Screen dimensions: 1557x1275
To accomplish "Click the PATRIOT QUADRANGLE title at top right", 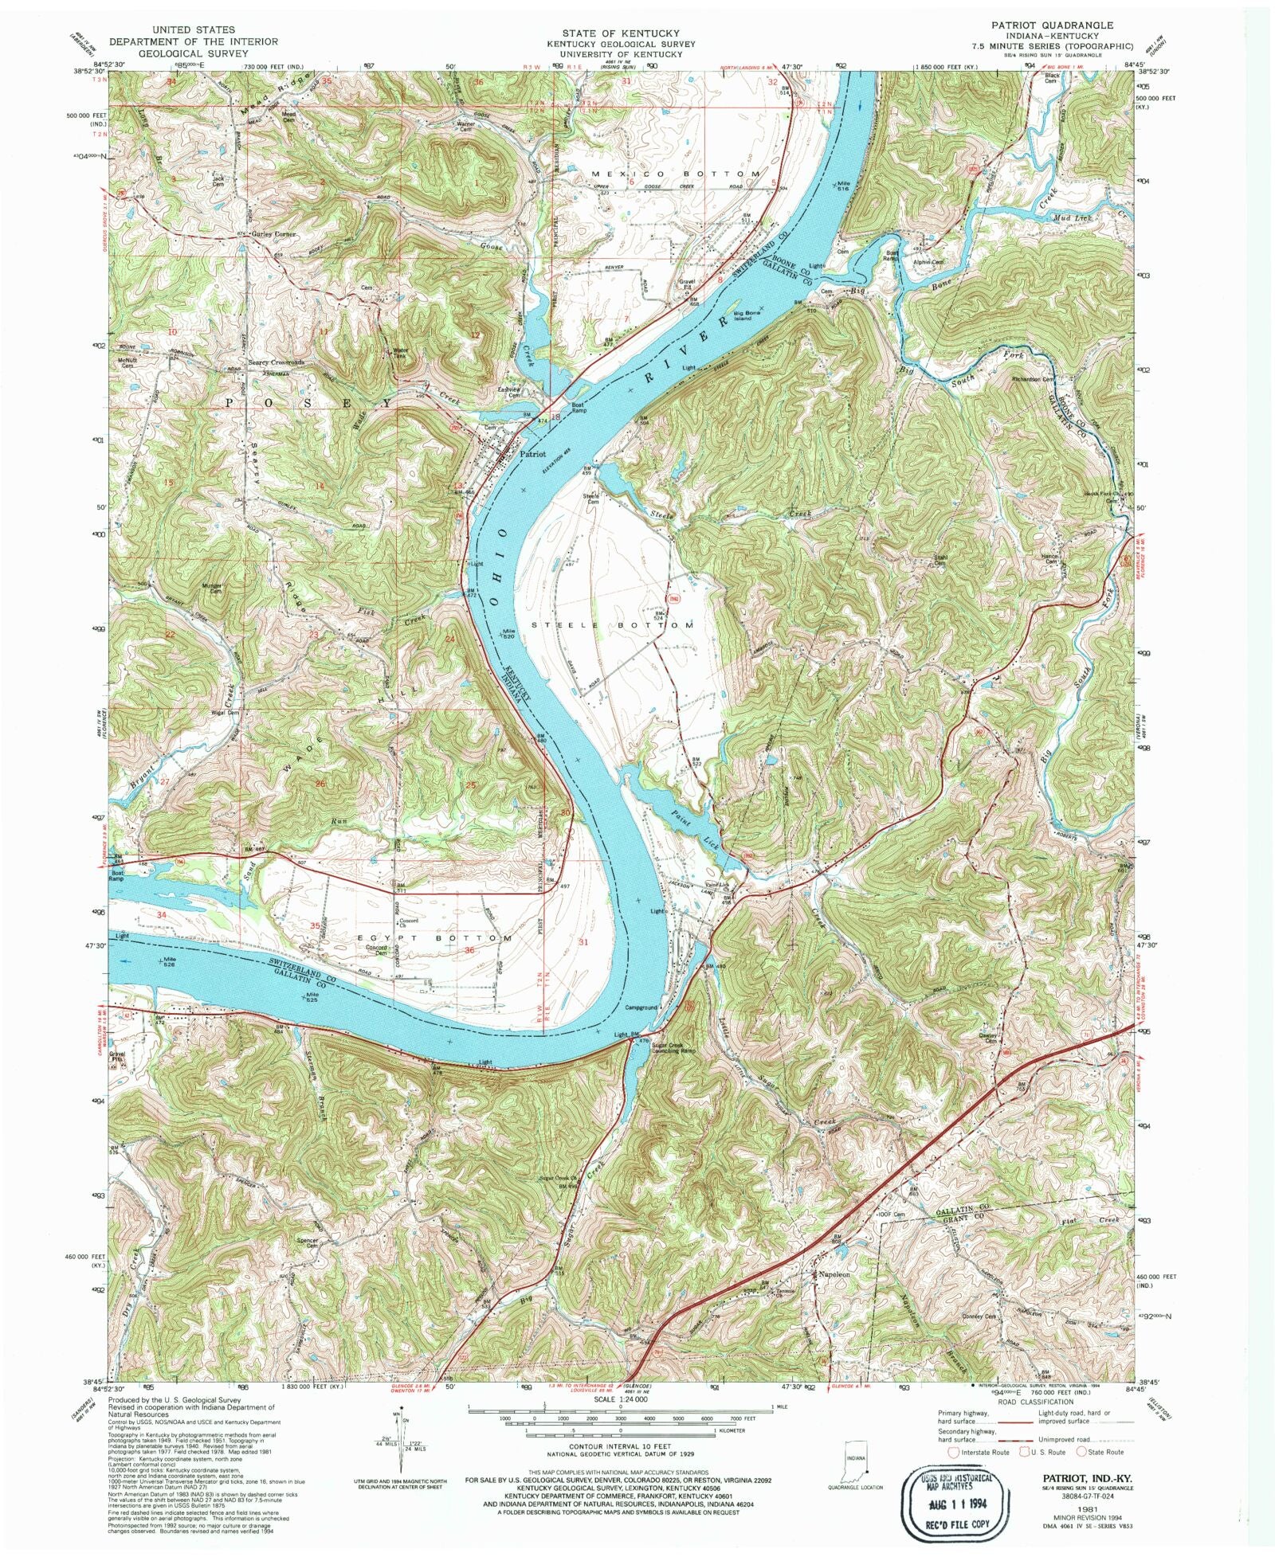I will click(x=1052, y=25).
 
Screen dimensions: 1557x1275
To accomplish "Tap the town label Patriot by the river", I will click(x=532, y=454).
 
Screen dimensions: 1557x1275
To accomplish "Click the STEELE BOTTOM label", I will click(x=618, y=626).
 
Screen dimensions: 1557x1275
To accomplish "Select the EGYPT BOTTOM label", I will click(x=451, y=938).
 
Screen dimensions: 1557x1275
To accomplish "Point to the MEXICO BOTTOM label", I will click(x=676, y=174).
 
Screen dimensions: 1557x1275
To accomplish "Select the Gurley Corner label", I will click(x=274, y=234).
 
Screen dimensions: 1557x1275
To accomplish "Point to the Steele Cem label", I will click(x=593, y=499).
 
